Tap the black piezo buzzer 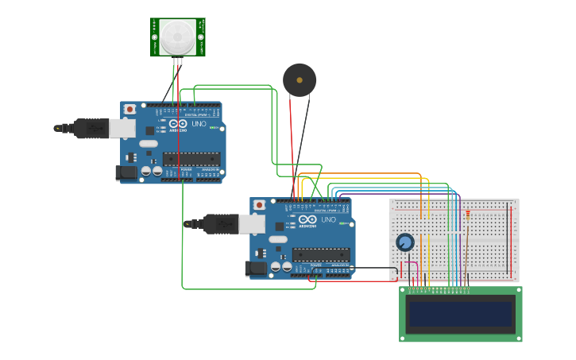click(300, 80)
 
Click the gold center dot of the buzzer click(300, 79)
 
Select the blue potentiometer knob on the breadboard click(405, 242)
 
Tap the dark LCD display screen click(460, 315)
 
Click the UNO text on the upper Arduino click(199, 123)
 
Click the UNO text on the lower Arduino click(328, 219)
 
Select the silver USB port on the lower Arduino click(252, 224)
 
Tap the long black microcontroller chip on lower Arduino click(320, 254)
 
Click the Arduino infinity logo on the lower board click(307, 219)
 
